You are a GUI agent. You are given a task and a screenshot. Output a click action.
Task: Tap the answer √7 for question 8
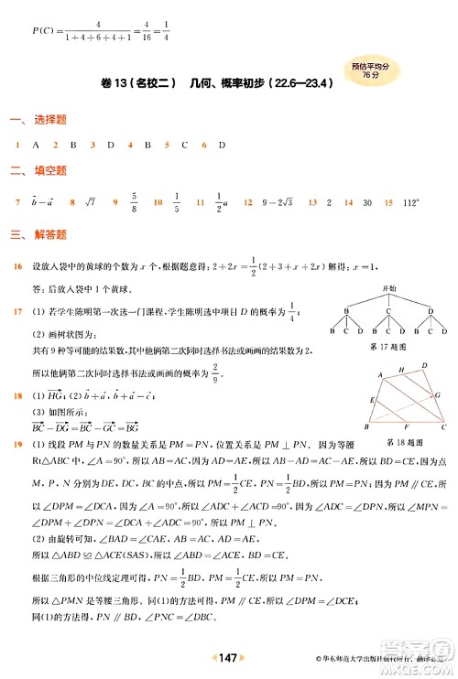coord(90,201)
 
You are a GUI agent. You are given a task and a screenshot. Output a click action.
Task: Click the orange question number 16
coord(17,266)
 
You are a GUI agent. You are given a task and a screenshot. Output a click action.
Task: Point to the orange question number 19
coord(17,445)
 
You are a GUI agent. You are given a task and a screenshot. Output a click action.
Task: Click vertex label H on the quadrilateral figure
coord(400,369)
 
